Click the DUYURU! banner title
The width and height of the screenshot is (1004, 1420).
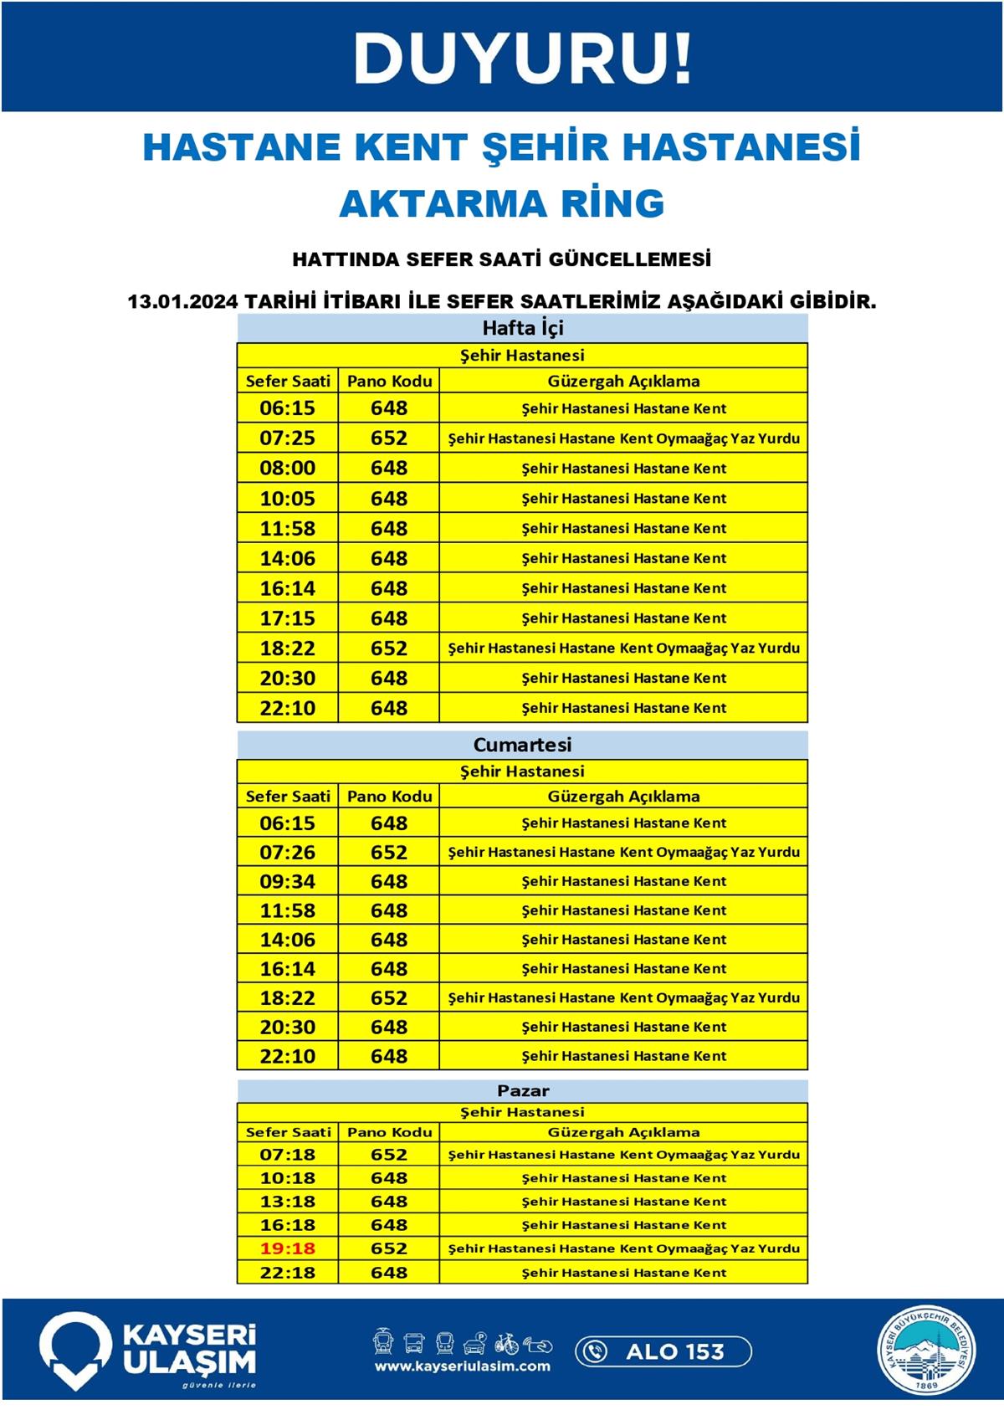point(522,59)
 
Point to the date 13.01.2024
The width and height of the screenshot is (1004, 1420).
point(182,301)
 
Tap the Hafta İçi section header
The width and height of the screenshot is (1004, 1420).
point(522,328)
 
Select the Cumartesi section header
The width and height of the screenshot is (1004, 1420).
point(522,744)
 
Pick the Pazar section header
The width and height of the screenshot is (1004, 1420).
point(522,1090)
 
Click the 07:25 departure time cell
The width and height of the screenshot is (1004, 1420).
point(287,438)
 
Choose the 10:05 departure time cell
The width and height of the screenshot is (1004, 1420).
point(287,498)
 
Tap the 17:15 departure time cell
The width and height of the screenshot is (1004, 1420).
point(287,618)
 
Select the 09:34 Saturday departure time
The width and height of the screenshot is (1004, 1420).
point(287,881)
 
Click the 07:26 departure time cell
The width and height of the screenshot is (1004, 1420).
point(287,852)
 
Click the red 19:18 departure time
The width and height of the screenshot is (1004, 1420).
point(287,1248)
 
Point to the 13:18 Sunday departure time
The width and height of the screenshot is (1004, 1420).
point(287,1202)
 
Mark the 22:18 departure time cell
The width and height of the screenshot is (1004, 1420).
point(287,1272)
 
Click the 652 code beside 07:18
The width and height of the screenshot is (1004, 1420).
point(389,1155)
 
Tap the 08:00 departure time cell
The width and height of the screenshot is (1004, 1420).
point(287,468)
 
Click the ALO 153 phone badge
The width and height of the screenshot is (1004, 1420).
point(663,1351)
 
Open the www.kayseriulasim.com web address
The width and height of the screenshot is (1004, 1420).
point(462,1366)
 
